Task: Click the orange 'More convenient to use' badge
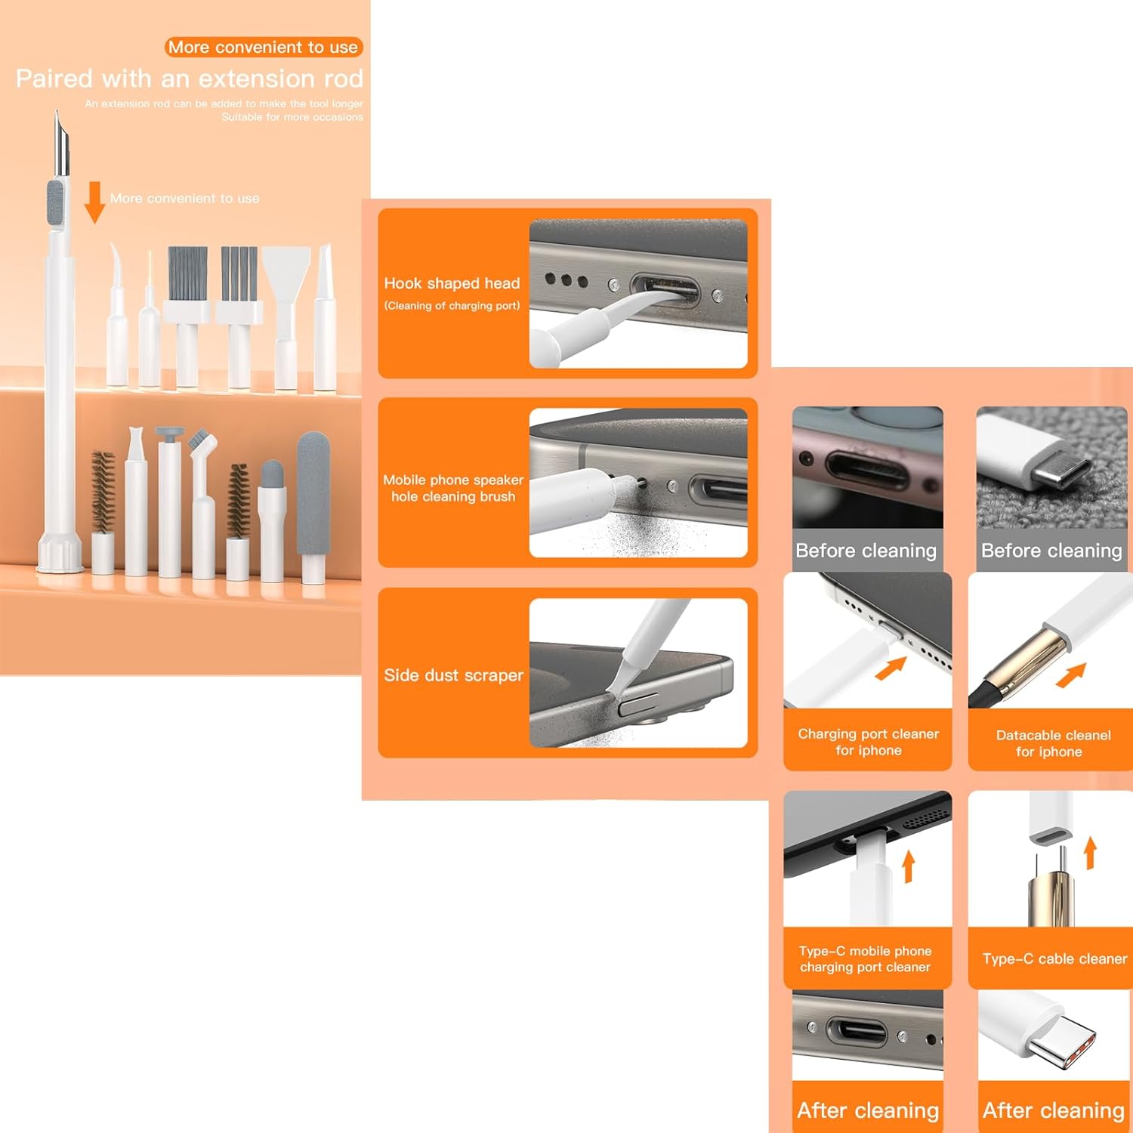(264, 47)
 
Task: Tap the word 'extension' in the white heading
(254, 79)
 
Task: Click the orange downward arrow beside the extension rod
(94, 202)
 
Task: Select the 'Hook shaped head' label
(452, 283)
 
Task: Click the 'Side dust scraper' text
(453, 675)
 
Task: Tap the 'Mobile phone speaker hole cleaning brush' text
(453, 488)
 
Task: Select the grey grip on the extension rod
(56, 202)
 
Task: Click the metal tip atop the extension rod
(60, 144)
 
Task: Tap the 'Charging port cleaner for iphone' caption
(869, 742)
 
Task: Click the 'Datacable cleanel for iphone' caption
(1053, 743)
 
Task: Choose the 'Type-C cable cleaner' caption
(1054, 959)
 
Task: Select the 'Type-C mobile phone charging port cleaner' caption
(866, 959)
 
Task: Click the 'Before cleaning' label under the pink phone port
(866, 551)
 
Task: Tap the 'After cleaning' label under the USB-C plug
(1053, 1110)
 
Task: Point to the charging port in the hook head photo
(665, 292)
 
